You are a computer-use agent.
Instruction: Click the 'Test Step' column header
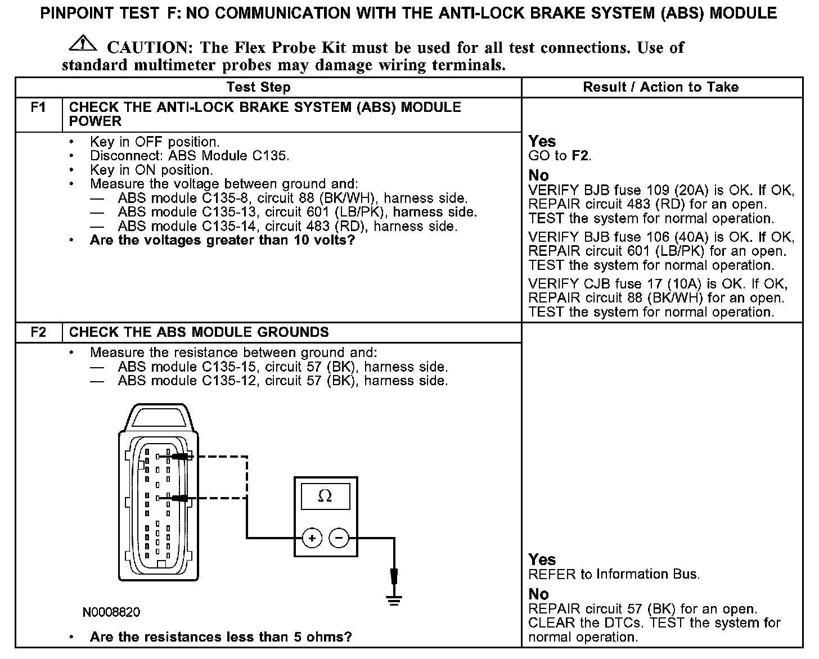[258, 87]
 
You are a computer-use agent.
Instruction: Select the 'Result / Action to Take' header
[660, 87]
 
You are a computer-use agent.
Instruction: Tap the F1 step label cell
[38, 107]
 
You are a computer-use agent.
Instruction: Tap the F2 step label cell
[38, 332]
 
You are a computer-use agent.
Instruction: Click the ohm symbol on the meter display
[325, 496]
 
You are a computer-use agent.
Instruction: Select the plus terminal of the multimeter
[312, 538]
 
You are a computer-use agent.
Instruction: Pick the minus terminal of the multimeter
[339, 538]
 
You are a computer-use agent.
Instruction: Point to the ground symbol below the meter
[394, 600]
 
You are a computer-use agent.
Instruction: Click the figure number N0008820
[111, 612]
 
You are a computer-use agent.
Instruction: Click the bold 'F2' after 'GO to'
[580, 156]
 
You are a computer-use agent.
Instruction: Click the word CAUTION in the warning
[147, 47]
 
